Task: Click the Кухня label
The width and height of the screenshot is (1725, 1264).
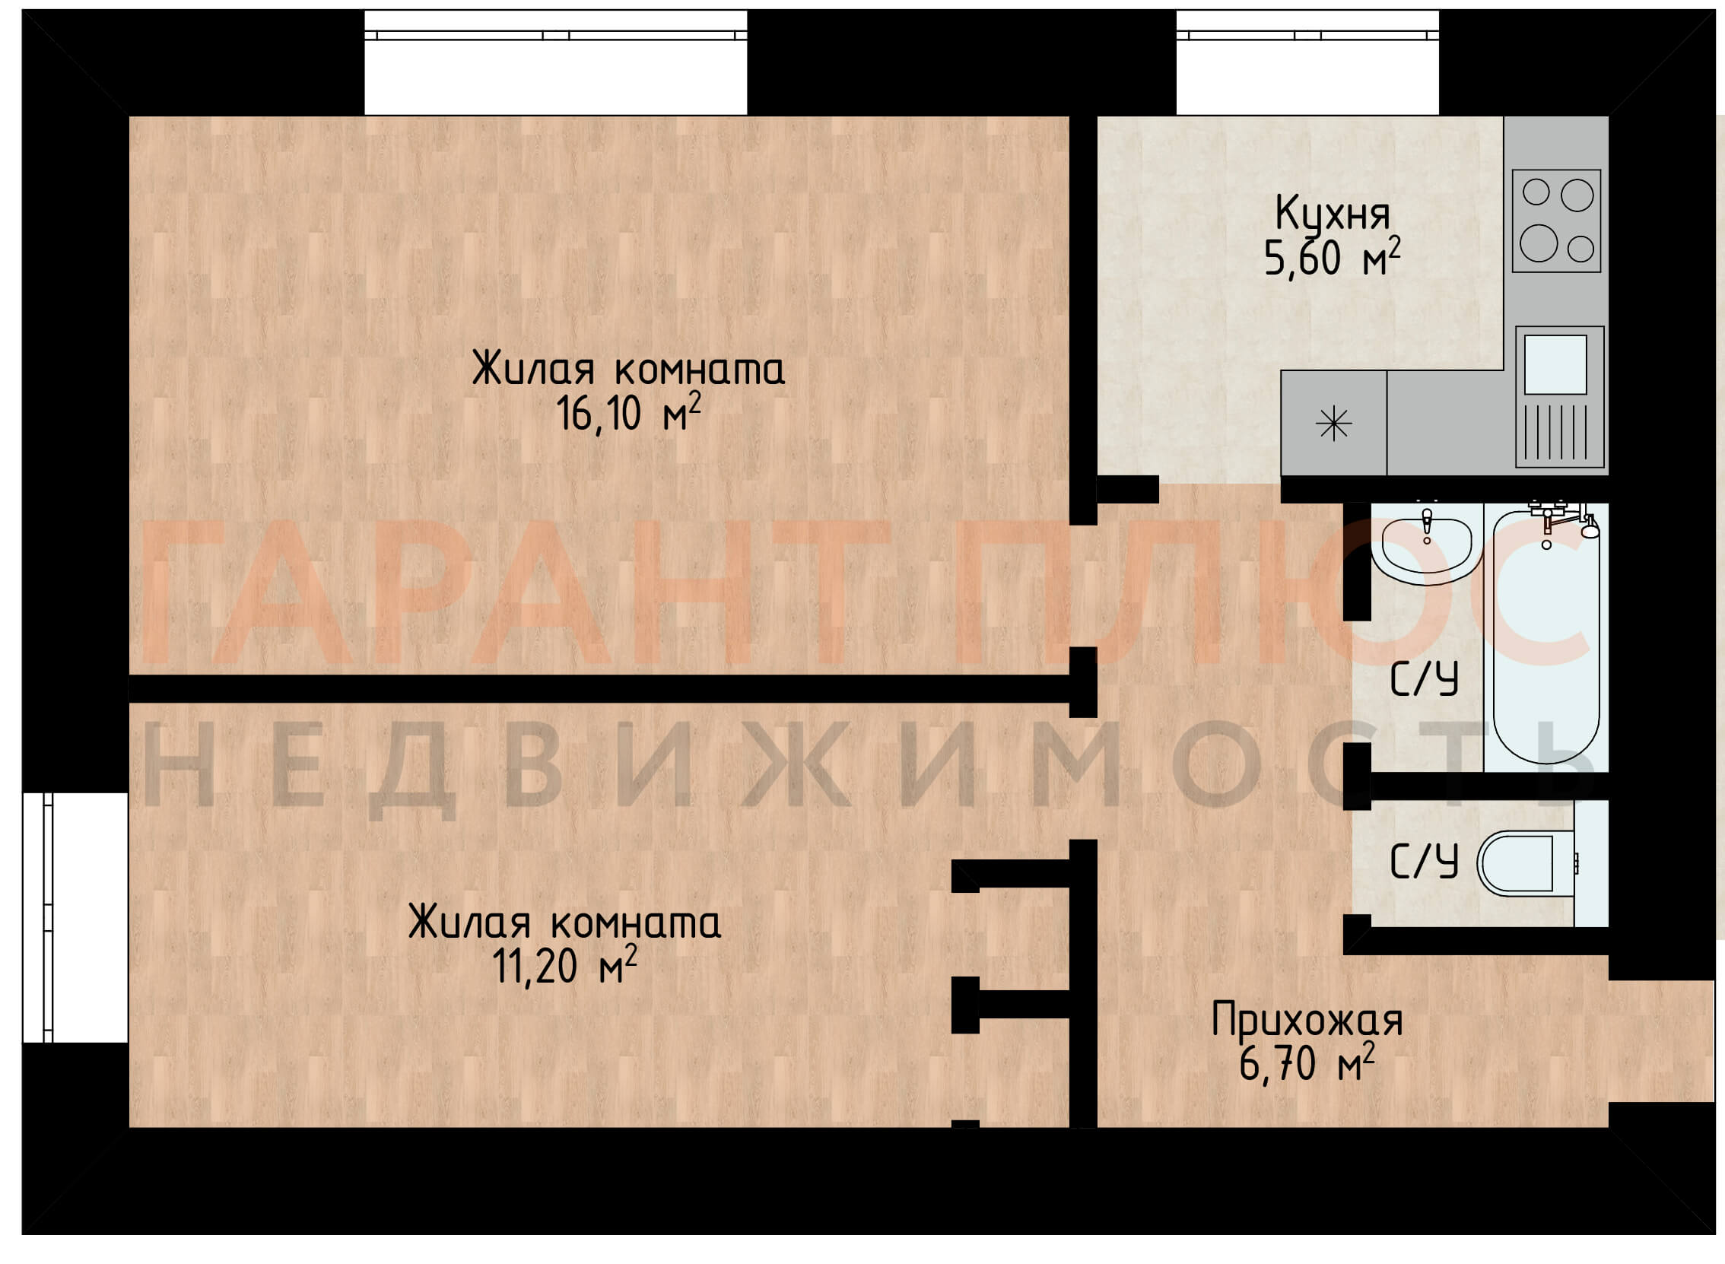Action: coord(1331,214)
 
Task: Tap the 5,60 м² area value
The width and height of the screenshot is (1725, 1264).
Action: coord(1331,257)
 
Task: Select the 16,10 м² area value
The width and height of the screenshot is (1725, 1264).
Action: coord(627,412)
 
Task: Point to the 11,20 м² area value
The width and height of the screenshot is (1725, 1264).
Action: coord(564,966)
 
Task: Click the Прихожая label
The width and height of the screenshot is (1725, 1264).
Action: coord(1307,1021)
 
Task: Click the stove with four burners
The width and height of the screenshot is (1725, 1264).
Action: coord(1557,221)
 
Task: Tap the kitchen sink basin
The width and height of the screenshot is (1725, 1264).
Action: coord(1555,364)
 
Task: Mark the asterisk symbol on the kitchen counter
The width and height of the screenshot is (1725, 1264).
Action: coord(1334,423)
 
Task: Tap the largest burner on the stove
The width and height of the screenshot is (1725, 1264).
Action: coord(1539,243)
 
